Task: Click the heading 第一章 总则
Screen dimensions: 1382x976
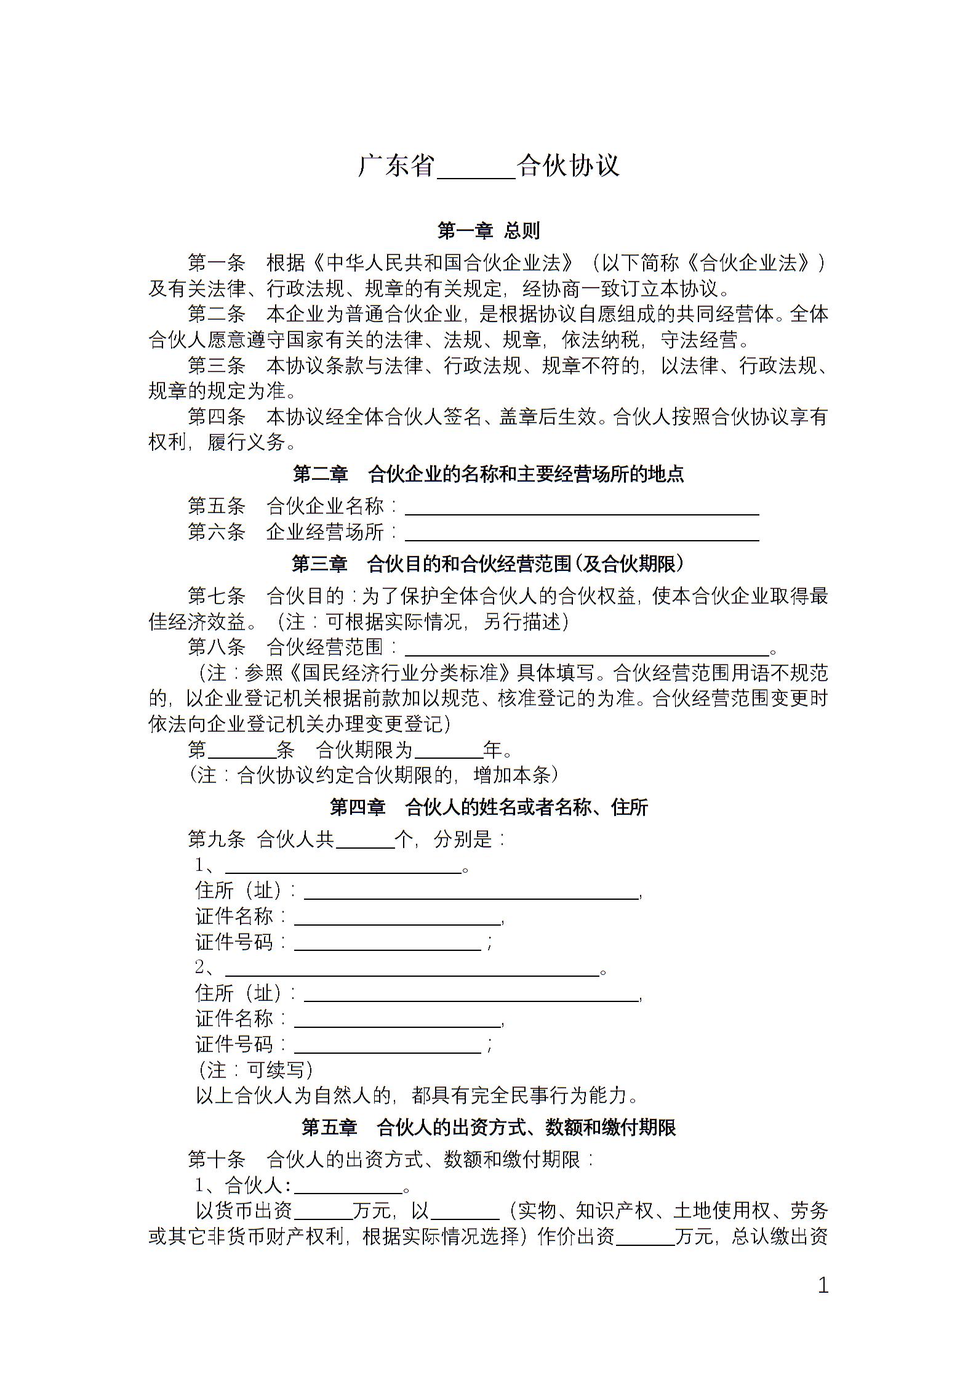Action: click(x=488, y=230)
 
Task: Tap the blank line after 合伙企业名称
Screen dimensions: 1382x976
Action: click(x=581, y=509)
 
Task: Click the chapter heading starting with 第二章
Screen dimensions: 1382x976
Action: click(x=488, y=474)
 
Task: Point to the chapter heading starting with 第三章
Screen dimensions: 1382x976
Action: click(x=488, y=564)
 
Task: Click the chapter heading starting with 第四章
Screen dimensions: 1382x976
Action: click(x=488, y=807)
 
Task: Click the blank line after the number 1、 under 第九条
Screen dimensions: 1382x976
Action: click(x=343, y=868)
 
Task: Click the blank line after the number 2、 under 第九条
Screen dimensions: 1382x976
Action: click(x=412, y=971)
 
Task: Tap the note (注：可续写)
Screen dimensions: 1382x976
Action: click(x=255, y=1070)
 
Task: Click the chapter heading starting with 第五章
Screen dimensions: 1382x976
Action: click(x=488, y=1128)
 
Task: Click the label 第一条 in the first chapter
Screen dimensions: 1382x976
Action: click(x=217, y=263)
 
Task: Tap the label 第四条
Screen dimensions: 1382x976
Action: click(x=217, y=417)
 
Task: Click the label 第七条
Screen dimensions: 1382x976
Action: click(x=217, y=596)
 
